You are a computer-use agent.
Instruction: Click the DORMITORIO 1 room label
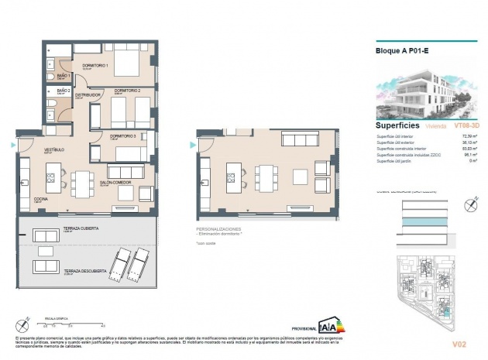[x=115, y=64]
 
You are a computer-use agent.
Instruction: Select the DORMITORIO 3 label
[x=122, y=136]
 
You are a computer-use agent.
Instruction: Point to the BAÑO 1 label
[x=64, y=75]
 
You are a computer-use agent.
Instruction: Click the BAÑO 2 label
[x=64, y=91]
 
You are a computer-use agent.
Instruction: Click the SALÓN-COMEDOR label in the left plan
[x=115, y=183]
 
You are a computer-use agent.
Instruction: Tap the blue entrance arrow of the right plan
[x=191, y=145]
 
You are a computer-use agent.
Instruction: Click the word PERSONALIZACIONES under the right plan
[x=220, y=229]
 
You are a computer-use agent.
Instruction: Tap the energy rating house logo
[x=333, y=323]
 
